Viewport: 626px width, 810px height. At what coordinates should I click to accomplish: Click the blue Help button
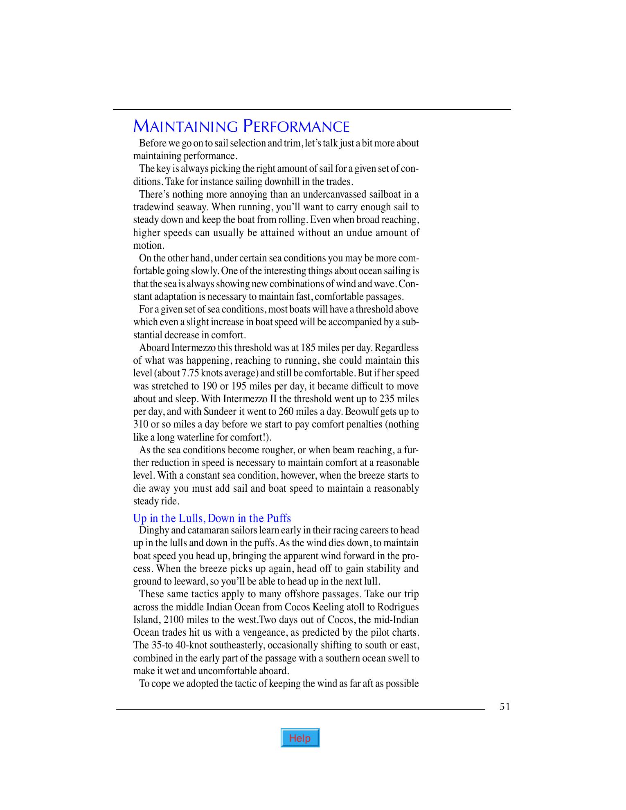click(x=300, y=738)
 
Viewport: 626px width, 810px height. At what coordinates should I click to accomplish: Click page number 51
click(x=504, y=706)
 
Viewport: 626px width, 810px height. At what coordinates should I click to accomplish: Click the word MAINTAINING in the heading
click(x=185, y=126)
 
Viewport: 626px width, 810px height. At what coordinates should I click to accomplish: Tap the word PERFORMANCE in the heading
click(x=296, y=126)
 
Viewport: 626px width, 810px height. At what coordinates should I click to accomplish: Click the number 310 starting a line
click(x=141, y=424)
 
